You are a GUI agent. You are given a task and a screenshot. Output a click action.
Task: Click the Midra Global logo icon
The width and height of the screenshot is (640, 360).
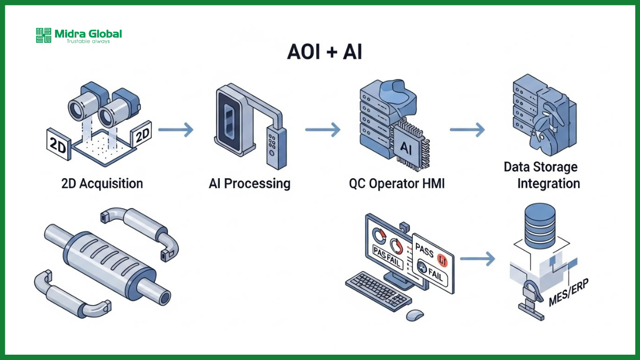click(43, 35)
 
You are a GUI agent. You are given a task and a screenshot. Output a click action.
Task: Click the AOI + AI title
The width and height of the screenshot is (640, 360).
click(324, 52)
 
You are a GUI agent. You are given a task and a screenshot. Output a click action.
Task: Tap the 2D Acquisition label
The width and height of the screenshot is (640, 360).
click(102, 184)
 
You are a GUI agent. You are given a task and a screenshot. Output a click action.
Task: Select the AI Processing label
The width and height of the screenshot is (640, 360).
click(250, 184)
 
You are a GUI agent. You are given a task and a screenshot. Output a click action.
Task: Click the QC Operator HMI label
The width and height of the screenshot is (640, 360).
click(396, 184)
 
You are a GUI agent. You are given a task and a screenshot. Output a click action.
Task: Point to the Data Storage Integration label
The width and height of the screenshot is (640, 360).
click(541, 175)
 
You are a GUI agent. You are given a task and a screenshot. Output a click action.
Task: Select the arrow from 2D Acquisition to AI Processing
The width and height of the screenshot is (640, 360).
click(175, 129)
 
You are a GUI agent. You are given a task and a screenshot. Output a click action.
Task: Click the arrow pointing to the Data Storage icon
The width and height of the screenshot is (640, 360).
click(467, 129)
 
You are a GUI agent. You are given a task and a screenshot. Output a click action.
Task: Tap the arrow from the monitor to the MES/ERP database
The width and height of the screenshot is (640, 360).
click(477, 259)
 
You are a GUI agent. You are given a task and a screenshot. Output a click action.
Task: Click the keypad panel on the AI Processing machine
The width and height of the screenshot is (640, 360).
click(274, 142)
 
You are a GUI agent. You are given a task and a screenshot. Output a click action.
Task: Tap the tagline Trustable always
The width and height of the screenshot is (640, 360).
click(88, 41)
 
